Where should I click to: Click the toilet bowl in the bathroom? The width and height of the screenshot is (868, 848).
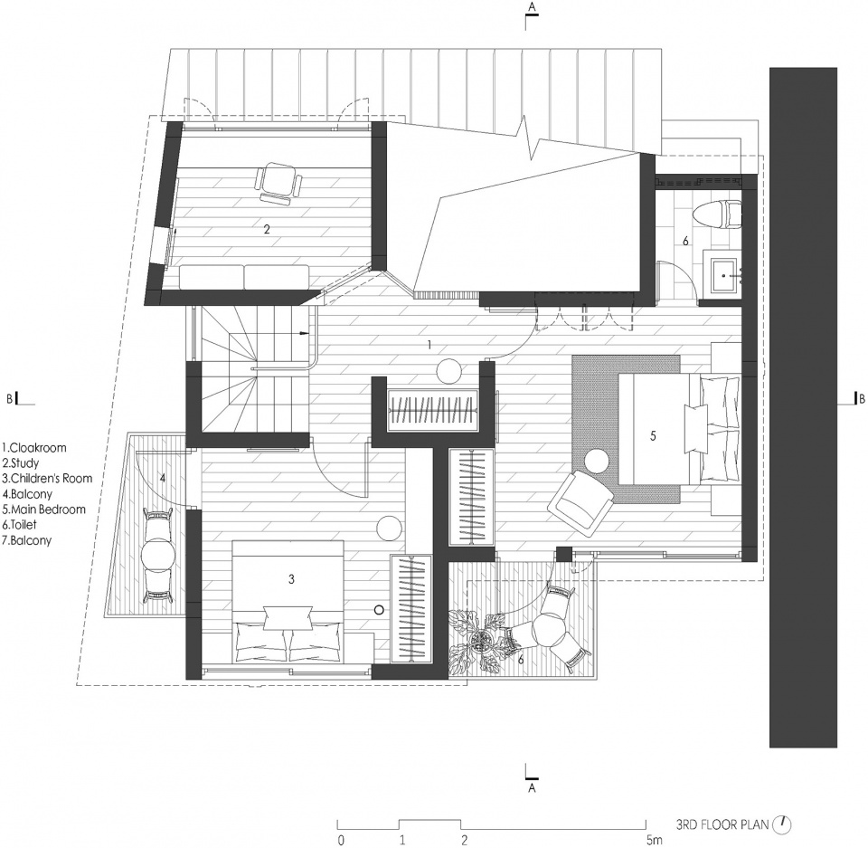[717, 214]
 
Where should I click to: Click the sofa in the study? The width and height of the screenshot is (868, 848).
[244, 277]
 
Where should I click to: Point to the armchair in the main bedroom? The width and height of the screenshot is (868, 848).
[580, 502]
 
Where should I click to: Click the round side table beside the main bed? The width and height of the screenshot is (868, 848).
[598, 462]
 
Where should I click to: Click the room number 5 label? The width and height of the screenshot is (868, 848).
[653, 435]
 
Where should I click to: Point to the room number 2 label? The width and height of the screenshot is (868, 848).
[266, 229]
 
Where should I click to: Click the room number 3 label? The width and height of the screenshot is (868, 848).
[291, 579]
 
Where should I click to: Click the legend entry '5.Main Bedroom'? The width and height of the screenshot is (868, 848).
[43, 510]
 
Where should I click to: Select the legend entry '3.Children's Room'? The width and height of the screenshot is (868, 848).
[47, 479]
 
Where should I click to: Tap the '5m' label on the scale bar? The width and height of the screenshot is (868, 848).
[654, 840]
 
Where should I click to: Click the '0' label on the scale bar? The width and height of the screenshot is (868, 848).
[341, 840]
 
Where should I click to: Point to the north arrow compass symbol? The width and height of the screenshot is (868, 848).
[783, 824]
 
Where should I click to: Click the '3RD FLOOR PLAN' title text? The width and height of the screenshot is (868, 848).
[722, 824]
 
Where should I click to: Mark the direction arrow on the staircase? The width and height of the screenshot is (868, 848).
[304, 333]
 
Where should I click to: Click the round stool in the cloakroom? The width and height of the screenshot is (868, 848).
[449, 371]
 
